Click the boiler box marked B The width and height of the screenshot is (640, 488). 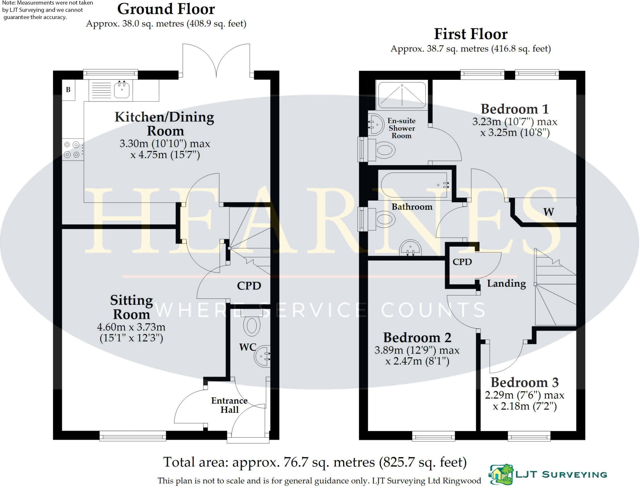[68, 90]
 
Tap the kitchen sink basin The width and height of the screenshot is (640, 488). [122, 90]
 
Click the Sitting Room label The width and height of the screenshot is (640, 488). [131, 307]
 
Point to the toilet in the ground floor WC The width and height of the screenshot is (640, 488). [252, 323]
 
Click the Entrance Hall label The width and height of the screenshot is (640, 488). [229, 405]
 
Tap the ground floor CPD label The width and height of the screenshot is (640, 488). [249, 286]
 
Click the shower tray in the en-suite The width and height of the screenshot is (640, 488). [402, 95]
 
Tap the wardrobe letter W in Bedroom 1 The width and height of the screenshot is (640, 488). [549, 212]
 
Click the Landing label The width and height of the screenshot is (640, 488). [507, 284]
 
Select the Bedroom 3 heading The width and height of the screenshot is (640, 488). [525, 382]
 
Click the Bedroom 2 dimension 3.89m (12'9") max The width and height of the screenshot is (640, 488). [417, 350]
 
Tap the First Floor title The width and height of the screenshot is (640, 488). [471, 34]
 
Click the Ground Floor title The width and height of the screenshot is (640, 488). [166, 9]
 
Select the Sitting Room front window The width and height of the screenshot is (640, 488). [133, 436]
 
